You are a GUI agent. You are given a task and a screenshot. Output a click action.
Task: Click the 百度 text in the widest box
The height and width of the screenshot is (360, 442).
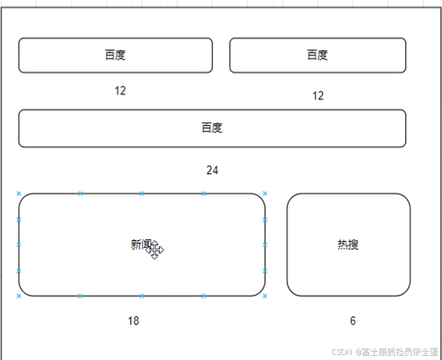pyautogui.click(x=212, y=128)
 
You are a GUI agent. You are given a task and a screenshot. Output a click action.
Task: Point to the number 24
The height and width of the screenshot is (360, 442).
pyautogui.click(x=212, y=170)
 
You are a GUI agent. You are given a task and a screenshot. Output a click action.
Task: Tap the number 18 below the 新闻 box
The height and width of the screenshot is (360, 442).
pyautogui.click(x=133, y=321)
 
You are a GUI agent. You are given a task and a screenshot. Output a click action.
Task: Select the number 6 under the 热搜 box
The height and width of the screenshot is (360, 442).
pyautogui.click(x=353, y=321)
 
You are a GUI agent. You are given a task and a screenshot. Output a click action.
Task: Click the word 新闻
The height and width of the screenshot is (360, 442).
pyautogui.click(x=140, y=244)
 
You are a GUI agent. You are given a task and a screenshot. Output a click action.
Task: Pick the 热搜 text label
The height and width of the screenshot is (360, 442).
pyautogui.click(x=348, y=244)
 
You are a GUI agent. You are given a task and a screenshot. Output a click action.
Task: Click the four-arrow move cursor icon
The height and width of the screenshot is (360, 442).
pyautogui.click(x=155, y=250)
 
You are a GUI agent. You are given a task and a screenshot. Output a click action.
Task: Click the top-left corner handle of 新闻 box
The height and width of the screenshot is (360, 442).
pyautogui.click(x=18, y=193)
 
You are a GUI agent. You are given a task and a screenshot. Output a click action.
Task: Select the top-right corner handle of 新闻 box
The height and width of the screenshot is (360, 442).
pyautogui.click(x=265, y=193)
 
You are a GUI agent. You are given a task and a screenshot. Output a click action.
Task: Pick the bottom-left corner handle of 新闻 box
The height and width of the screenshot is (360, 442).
pyautogui.click(x=18, y=296)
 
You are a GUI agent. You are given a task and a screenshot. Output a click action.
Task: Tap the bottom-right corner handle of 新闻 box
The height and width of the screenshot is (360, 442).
pyautogui.click(x=265, y=296)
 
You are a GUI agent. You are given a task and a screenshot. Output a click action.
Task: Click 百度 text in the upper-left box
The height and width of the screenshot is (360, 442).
pyautogui.click(x=115, y=55)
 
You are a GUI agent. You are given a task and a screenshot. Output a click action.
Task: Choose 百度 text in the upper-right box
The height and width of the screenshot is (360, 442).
pyautogui.click(x=317, y=55)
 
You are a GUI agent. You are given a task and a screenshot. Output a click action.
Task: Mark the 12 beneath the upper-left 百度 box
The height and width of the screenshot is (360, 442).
pyautogui.click(x=120, y=91)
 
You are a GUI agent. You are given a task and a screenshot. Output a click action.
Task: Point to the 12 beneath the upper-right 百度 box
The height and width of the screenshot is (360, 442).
pyautogui.click(x=318, y=96)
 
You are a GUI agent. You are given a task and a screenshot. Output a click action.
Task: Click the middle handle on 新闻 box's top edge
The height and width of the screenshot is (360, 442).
pyautogui.click(x=142, y=193)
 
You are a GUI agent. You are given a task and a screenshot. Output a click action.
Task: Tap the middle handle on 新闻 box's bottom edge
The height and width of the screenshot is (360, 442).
pyautogui.click(x=142, y=296)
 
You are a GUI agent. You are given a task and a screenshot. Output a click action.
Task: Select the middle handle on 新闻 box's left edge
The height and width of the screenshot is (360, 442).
pyautogui.click(x=18, y=244)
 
